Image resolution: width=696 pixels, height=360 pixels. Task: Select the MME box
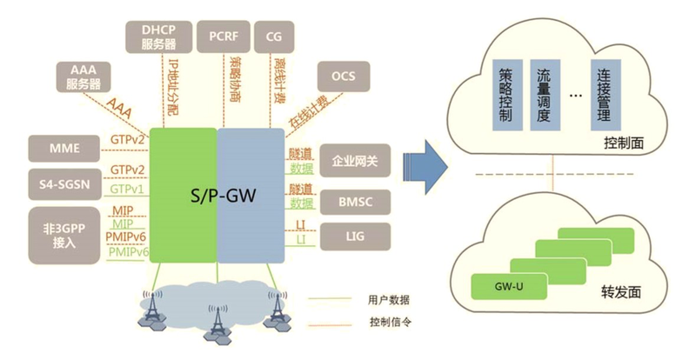tap(65, 149)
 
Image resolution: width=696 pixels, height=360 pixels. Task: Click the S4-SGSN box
tap(65, 184)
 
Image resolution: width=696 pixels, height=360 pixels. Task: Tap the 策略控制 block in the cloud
tap(506, 95)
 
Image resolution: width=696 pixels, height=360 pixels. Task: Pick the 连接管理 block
tap(606, 95)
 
